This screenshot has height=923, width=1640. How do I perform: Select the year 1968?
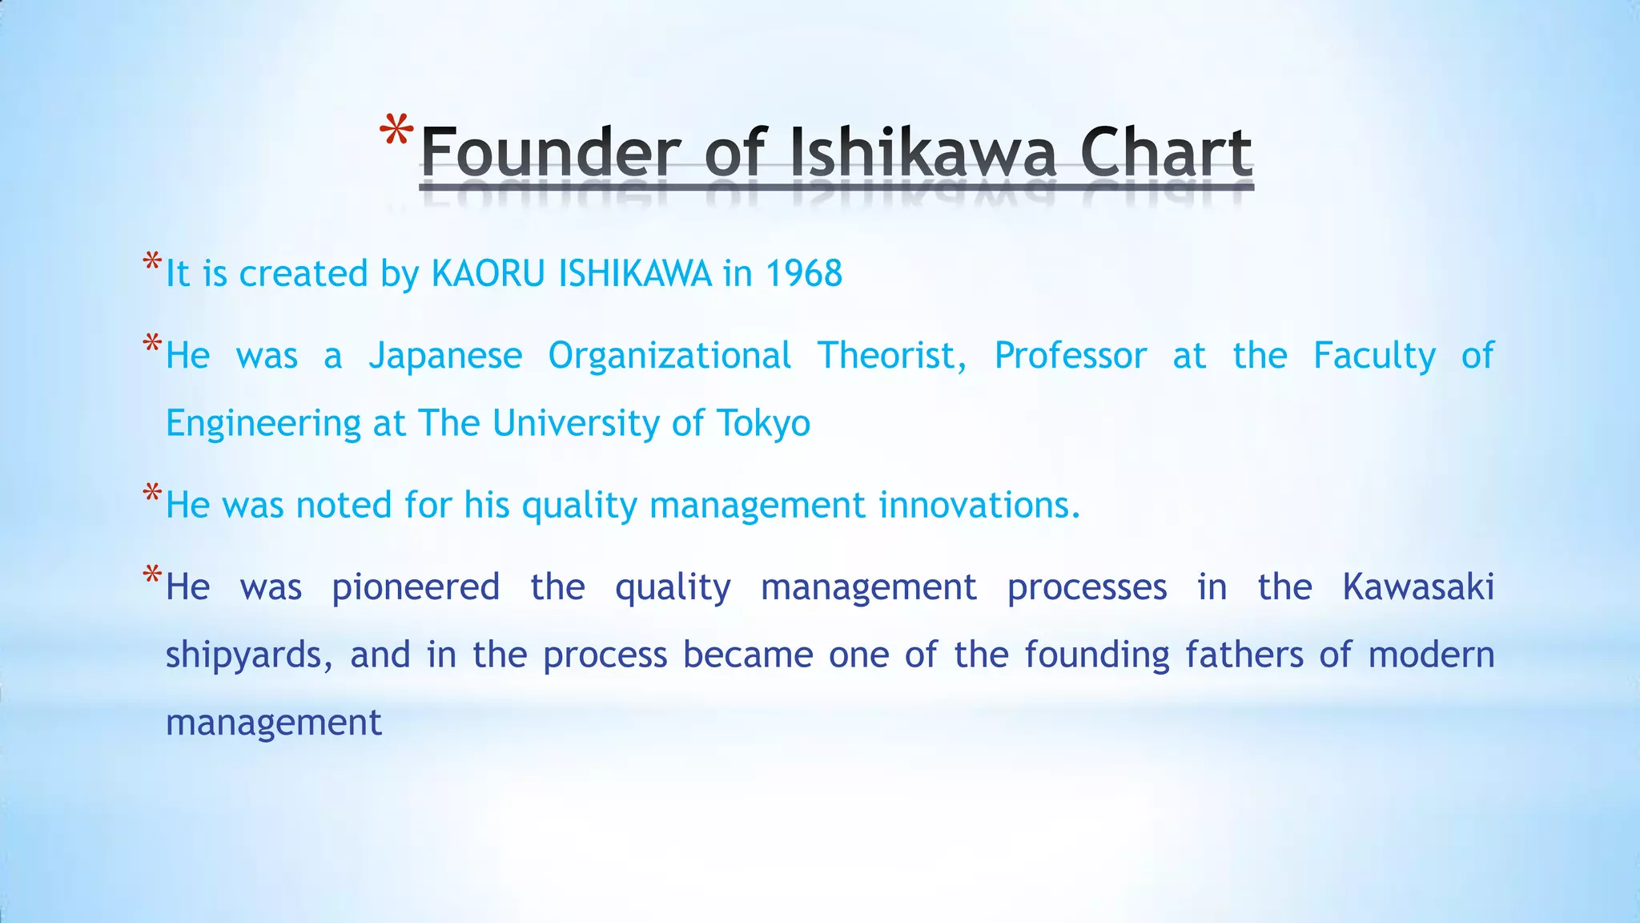803,274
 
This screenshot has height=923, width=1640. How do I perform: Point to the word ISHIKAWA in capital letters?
635,274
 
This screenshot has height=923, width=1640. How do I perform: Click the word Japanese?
445,356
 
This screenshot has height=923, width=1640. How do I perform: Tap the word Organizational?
669,356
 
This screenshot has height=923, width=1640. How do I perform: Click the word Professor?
1070,356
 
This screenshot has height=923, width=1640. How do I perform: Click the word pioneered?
416,588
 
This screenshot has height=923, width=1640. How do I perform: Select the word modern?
1431,655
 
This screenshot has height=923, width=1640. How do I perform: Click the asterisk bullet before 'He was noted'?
152,494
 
